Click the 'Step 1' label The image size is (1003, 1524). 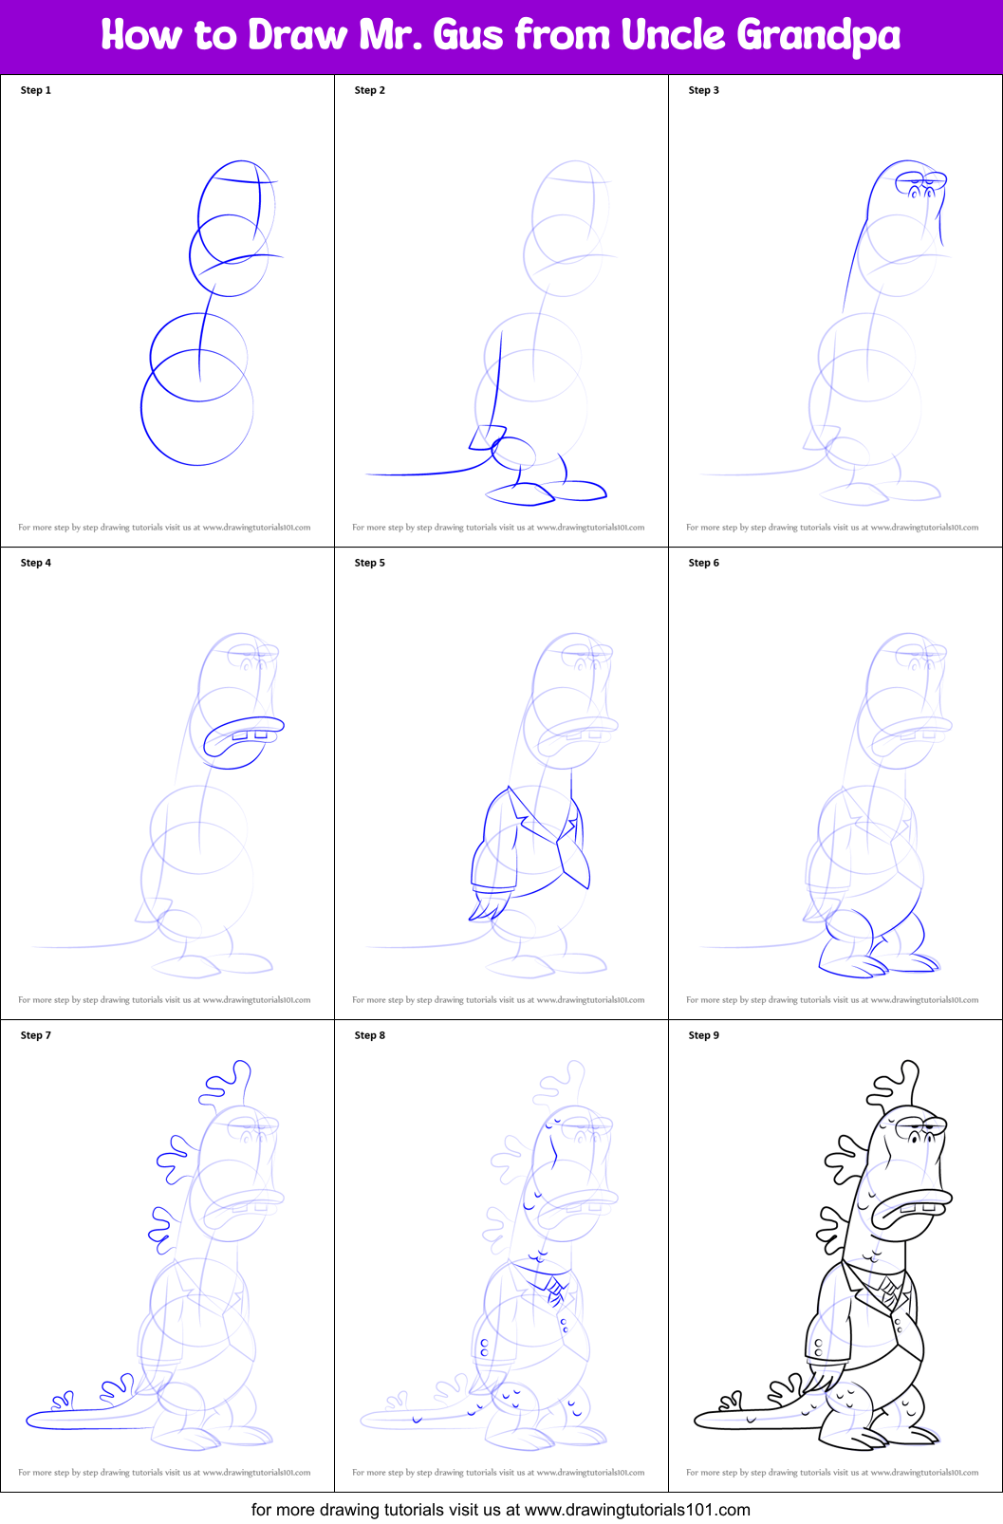36,90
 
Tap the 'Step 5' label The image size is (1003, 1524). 370,563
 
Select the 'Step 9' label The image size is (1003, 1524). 704,1035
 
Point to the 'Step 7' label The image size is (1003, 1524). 36,1035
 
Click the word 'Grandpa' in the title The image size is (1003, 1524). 818,36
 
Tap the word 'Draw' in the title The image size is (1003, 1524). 298,36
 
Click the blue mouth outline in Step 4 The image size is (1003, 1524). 243,735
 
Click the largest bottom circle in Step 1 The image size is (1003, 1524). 197,408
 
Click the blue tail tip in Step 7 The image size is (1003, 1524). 34,1420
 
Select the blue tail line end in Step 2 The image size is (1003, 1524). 370,473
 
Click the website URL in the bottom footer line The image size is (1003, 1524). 637,1509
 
